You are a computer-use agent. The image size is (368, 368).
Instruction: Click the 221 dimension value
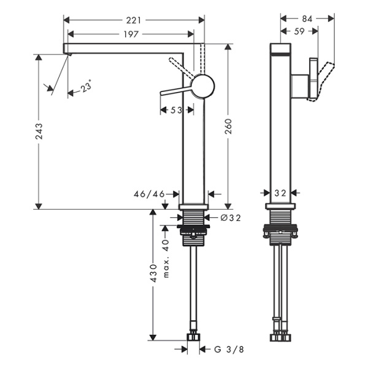(x=134, y=20)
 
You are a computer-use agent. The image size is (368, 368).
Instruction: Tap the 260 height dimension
(x=228, y=128)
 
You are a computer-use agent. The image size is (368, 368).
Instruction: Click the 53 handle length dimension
(x=175, y=110)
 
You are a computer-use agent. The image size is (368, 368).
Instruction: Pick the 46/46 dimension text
(x=150, y=194)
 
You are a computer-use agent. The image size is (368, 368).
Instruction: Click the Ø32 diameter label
(x=230, y=217)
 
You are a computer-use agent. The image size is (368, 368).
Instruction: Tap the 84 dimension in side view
(x=307, y=19)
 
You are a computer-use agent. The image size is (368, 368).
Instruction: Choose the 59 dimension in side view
(x=299, y=31)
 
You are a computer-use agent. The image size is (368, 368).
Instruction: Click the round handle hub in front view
(x=202, y=86)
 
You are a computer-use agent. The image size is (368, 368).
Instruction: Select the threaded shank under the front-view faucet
(x=194, y=218)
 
